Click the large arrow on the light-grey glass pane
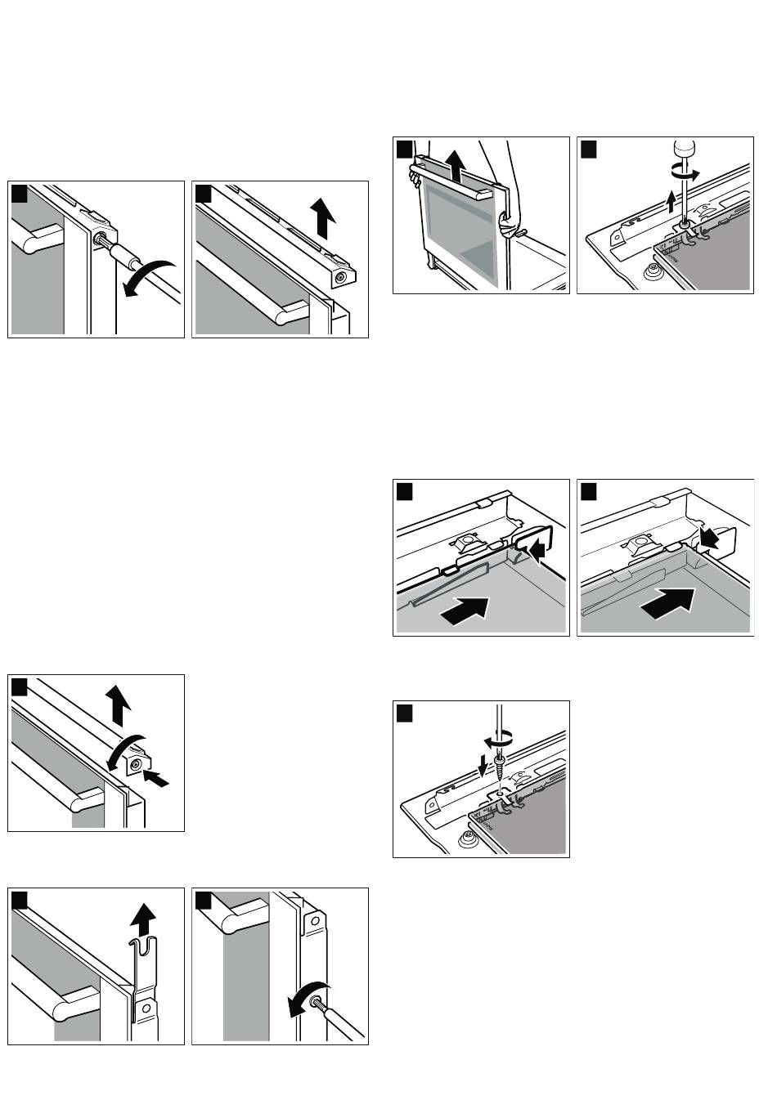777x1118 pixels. pyautogui.click(x=465, y=610)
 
